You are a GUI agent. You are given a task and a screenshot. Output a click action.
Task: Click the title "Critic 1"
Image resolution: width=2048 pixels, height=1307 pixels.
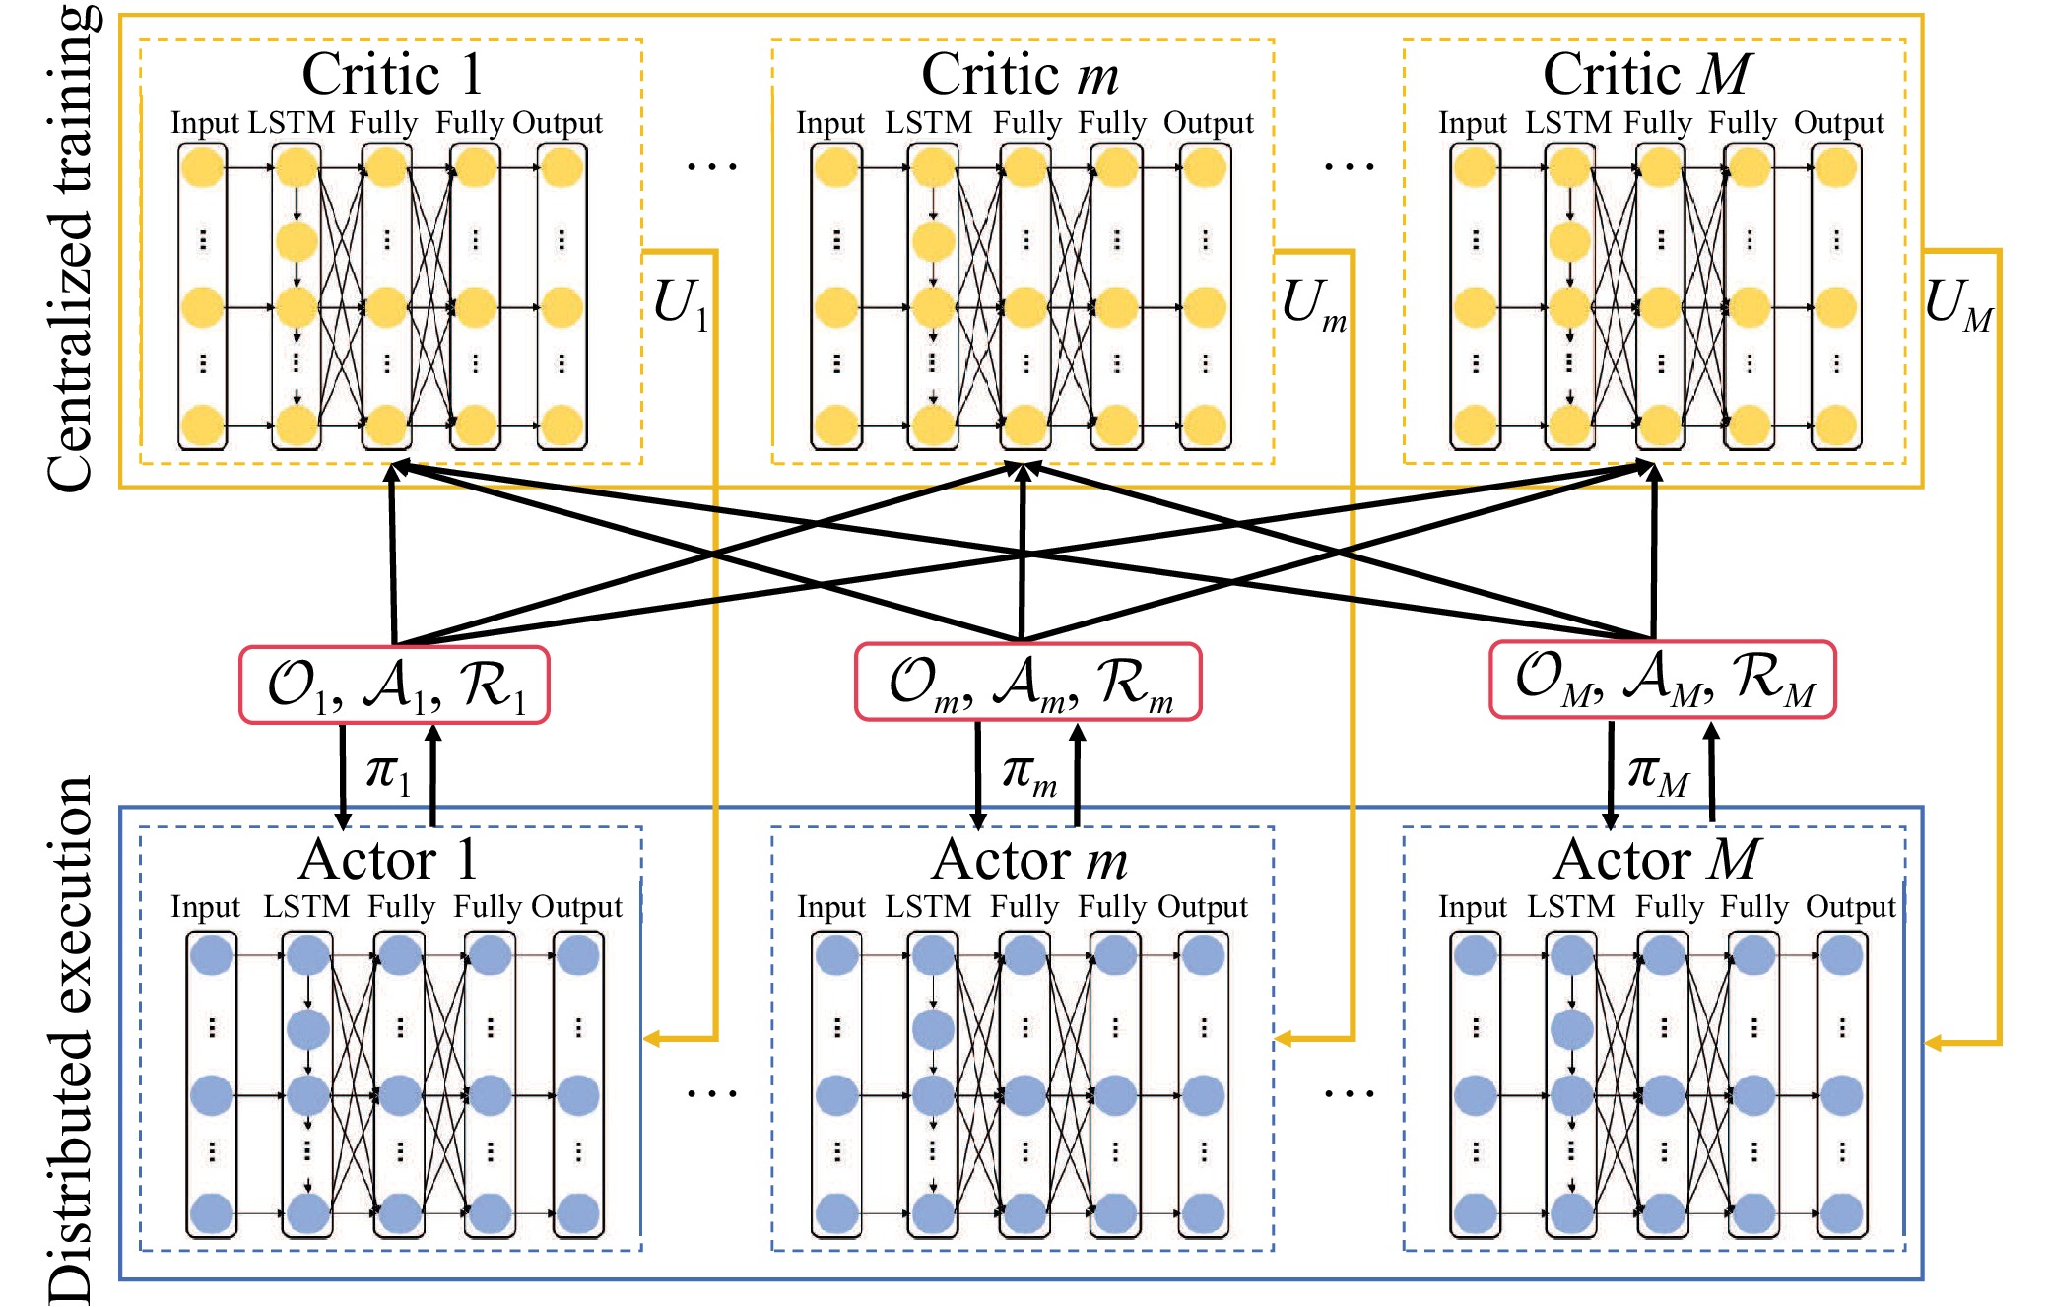[391, 74]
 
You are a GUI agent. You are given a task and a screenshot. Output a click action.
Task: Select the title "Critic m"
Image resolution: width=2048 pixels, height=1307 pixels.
[1021, 74]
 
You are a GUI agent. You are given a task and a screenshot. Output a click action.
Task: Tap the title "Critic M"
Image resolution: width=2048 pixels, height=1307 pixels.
[1647, 74]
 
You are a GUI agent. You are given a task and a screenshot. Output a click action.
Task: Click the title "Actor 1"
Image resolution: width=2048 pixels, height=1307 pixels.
[389, 860]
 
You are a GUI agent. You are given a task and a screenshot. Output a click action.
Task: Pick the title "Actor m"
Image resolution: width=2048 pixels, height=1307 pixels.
[1029, 860]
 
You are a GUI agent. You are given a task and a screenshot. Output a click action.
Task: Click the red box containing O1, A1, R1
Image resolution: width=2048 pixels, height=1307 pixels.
[394, 685]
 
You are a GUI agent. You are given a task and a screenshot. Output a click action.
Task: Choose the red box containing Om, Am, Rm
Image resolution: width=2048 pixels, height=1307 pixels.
[1027, 682]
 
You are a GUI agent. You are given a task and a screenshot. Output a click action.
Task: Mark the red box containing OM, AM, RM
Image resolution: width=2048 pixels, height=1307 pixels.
[1662, 680]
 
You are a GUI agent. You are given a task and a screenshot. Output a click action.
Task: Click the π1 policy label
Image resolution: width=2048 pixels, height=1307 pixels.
[387, 772]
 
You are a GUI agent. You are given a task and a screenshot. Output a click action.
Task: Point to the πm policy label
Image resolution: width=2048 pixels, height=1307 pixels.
[1028, 774]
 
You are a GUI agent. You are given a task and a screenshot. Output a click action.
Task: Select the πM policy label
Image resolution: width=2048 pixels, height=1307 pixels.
[1658, 774]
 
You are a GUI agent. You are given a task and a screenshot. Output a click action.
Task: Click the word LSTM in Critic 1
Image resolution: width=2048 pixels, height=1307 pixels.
[292, 123]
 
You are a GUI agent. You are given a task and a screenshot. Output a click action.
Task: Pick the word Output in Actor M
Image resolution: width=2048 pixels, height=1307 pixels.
[1850, 907]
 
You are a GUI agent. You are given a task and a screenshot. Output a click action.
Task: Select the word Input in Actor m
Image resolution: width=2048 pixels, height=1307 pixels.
[831, 907]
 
